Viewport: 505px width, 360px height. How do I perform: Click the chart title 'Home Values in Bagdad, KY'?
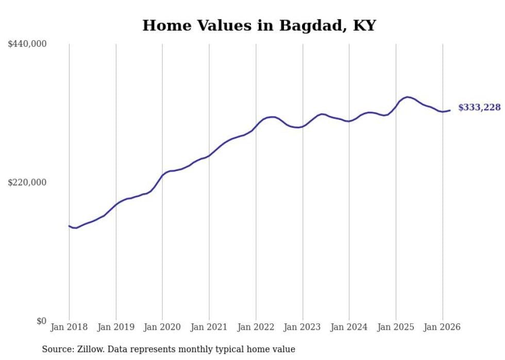259,25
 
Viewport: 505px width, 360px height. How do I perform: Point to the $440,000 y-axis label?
27,44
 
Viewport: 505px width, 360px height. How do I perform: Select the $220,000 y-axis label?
27,182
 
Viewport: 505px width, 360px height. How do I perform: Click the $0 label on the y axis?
41,321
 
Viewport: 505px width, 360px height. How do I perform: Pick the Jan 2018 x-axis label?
69,327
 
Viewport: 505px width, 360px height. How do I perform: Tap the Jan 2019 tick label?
116,327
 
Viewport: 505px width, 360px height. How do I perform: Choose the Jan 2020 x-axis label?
162,327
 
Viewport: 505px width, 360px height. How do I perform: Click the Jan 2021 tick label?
209,327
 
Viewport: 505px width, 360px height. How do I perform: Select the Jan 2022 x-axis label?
256,327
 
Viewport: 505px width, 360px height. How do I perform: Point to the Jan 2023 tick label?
302,327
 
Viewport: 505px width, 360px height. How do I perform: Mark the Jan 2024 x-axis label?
349,327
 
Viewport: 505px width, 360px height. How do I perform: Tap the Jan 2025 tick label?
396,327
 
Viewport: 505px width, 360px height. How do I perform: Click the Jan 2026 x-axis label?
442,327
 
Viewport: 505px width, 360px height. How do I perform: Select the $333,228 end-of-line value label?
479,108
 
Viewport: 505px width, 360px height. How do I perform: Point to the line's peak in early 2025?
408,97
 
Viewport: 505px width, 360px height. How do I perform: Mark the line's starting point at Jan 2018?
69,226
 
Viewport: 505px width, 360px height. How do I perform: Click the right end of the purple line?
450,110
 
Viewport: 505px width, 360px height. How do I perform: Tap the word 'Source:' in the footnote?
57,349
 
